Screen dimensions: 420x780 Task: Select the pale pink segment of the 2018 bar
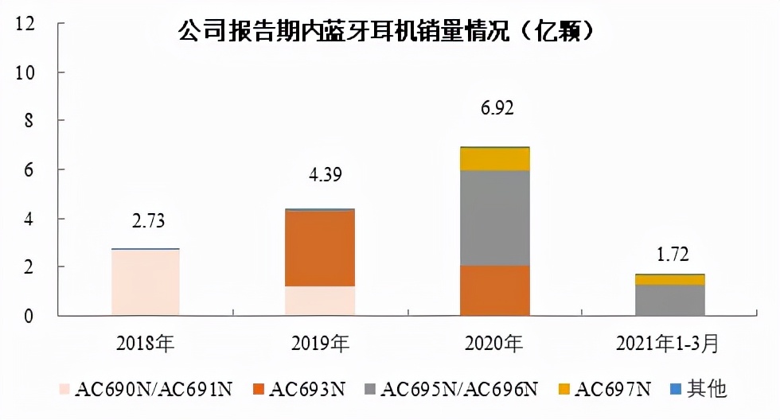[x=145, y=282]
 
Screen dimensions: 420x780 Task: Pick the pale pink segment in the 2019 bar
[x=320, y=301]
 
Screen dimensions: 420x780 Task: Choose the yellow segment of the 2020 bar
[x=495, y=159]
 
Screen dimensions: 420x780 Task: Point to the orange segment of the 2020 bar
[x=495, y=290]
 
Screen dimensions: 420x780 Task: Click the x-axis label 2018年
[x=145, y=344]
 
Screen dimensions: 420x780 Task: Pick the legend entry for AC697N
[x=613, y=389]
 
